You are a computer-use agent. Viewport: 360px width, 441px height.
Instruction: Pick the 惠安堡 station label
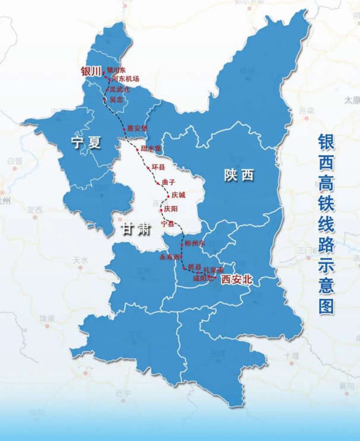[x=137, y=128]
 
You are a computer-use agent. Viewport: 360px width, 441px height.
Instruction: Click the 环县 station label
[x=158, y=167]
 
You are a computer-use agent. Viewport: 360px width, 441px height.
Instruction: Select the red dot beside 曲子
[x=157, y=184]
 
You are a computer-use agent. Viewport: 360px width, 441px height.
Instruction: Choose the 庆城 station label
[x=178, y=196]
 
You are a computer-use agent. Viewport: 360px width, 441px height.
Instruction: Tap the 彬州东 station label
[x=194, y=244]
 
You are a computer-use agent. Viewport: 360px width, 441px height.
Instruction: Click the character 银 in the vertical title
[x=327, y=144]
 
